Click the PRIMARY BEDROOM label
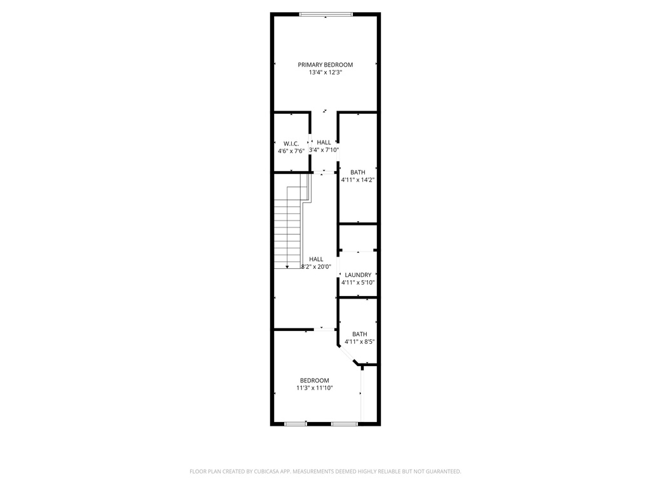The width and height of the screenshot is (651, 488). coord(325,65)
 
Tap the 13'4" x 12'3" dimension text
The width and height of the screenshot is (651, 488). coord(325,73)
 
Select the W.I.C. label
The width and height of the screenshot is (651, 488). coord(291,143)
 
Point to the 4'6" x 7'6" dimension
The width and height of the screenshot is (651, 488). coord(291,151)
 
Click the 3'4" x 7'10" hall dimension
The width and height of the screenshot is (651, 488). coord(324,151)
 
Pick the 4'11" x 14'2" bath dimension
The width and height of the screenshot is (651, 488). coord(358,180)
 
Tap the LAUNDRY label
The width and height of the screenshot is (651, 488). coord(358,275)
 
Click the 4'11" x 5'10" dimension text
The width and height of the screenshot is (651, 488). coord(358,283)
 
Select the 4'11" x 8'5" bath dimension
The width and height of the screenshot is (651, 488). coord(360,342)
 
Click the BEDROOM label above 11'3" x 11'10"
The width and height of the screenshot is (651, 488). coord(315,380)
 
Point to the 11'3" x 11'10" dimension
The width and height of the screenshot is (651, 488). coord(315,388)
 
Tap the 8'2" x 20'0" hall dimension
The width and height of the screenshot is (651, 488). coord(316,267)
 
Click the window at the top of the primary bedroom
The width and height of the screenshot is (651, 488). coord(326,14)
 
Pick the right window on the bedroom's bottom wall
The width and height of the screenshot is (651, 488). coord(344,424)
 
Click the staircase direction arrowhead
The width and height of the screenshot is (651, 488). coord(287,266)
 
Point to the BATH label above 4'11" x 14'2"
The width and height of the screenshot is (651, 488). coord(358,172)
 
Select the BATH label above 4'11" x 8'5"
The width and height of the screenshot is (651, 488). coord(360,334)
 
